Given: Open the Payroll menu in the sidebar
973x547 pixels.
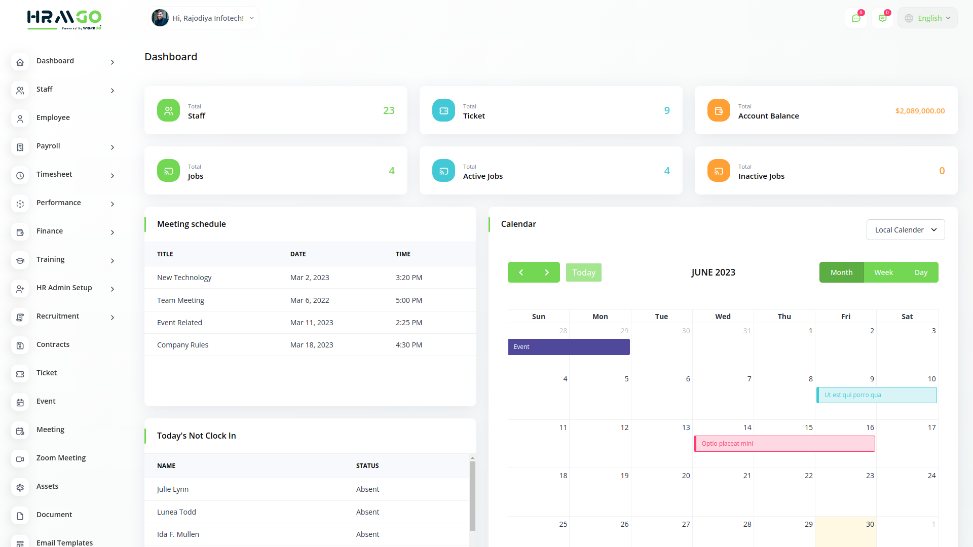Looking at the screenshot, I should [48, 146].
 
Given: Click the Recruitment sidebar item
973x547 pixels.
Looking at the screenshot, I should [58, 317].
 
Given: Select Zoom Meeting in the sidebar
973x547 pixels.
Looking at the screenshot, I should [61, 458].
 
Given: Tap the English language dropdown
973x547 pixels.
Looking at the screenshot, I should [928, 18].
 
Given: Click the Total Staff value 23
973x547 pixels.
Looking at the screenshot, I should [388, 110].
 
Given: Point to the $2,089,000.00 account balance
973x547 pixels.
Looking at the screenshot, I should [919, 111].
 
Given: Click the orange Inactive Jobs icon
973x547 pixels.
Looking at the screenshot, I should [718, 171].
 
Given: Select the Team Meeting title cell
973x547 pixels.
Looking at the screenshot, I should [180, 300].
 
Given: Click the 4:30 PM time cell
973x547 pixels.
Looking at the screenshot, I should [408, 345].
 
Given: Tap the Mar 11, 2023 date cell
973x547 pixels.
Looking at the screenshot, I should [311, 323].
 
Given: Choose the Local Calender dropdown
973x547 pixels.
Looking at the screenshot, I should [905, 230].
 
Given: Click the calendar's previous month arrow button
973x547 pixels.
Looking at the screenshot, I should [521, 272].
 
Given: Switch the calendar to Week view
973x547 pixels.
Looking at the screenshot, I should [883, 272].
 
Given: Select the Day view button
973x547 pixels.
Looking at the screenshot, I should [920, 272].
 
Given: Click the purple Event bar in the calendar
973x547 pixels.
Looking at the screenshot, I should [569, 347].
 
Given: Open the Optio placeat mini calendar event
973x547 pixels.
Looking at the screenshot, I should [784, 444].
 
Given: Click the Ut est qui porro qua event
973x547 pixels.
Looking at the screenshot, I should [876, 395].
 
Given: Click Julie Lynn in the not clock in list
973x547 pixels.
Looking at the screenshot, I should [173, 489].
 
